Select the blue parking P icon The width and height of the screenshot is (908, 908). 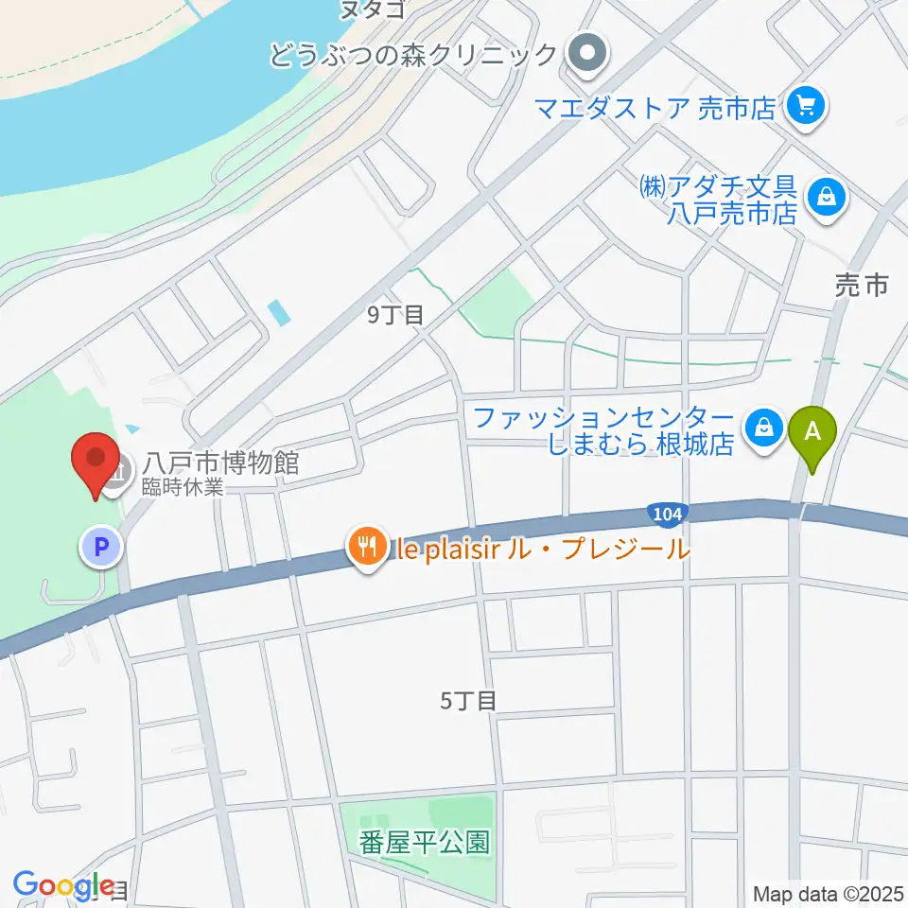click(x=100, y=547)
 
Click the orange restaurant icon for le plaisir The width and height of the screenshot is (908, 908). click(x=364, y=546)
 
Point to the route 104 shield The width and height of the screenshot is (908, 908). click(x=665, y=513)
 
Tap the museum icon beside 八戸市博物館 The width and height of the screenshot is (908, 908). click(x=119, y=465)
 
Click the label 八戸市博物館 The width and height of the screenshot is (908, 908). click(x=221, y=463)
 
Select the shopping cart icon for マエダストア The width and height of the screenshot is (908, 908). click(x=807, y=104)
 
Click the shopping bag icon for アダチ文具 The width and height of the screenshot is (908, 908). click(x=827, y=198)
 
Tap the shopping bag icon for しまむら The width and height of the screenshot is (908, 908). click(x=763, y=428)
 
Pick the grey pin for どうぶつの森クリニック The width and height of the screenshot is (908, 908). click(x=586, y=53)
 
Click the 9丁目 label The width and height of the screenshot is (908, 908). click(x=395, y=315)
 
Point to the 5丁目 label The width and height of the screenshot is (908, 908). click(x=468, y=701)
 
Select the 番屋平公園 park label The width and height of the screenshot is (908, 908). click(x=424, y=842)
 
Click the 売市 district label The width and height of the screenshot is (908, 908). click(x=862, y=285)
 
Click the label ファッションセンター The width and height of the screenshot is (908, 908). click(x=602, y=417)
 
